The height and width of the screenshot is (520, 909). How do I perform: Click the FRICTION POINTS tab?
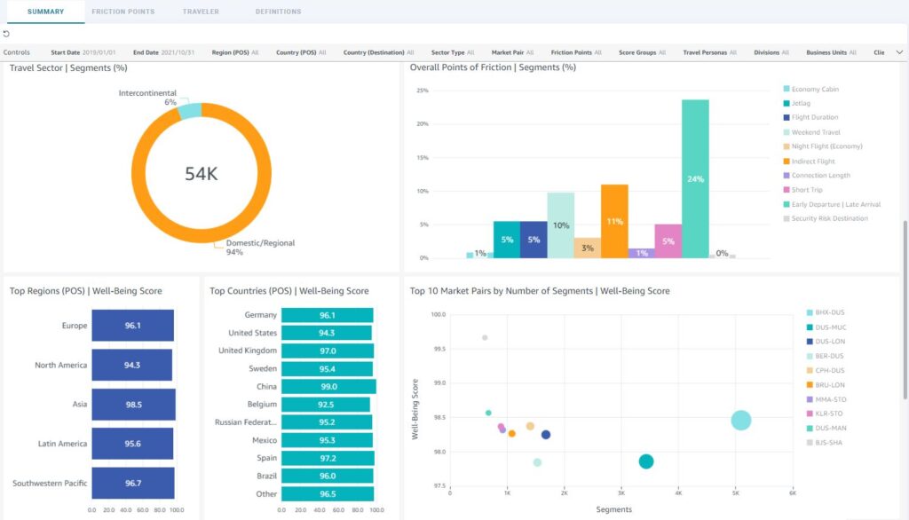[x=123, y=12]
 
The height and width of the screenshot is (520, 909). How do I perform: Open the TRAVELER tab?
[x=201, y=12]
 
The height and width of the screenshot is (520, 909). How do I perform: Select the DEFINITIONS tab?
[x=278, y=12]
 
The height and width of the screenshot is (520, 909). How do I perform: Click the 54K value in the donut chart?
[x=201, y=173]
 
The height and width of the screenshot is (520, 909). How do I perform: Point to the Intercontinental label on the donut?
[x=147, y=93]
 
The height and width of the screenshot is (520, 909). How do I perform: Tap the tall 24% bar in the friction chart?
[x=695, y=178]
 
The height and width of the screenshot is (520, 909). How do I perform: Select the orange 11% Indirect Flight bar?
[x=614, y=221]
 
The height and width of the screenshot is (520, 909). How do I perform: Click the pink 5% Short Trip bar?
[x=668, y=240]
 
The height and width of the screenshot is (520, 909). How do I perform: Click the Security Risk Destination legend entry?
[x=829, y=218]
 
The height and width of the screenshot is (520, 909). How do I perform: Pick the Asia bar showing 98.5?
[x=133, y=404]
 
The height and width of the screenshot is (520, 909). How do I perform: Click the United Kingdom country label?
[x=252, y=351]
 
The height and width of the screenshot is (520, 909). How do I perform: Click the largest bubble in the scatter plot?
[x=741, y=420]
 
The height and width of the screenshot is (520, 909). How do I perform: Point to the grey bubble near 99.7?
[x=485, y=337]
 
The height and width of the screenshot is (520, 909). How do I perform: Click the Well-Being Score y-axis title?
[x=415, y=409]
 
